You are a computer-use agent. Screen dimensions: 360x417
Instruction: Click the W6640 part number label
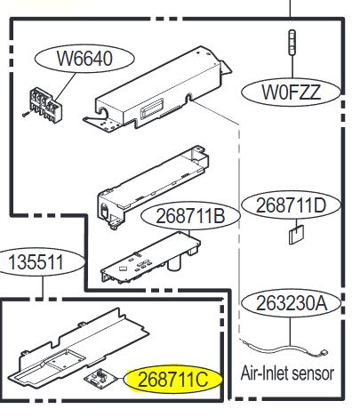[x=84, y=59]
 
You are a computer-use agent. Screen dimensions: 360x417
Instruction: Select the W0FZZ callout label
[x=291, y=92]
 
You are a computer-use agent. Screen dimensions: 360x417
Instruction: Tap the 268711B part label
[x=190, y=216]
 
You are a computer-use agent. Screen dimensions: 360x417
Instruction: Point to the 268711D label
[x=291, y=205]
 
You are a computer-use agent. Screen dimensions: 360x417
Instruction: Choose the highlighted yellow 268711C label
[x=173, y=380]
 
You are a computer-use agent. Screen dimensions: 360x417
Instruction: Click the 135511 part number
[x=36, y=262]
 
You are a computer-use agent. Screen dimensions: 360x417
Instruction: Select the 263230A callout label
[x=292, y=303]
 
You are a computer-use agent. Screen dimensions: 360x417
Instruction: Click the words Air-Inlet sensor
[x=287, y=373]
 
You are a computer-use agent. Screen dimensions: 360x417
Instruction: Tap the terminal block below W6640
[x=45, y=105]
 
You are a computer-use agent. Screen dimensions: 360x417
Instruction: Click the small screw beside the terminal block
[x=26, y=114]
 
